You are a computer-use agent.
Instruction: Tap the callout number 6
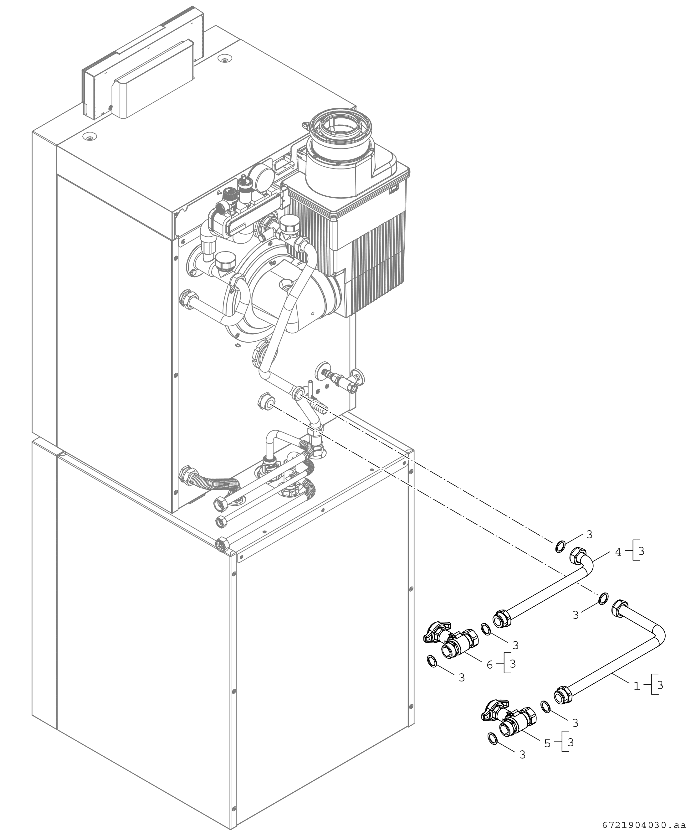489,665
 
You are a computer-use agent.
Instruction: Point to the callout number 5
547,743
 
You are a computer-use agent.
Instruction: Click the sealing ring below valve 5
492,738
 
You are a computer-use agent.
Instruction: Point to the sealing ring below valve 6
432,661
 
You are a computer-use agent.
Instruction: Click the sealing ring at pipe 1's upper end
603,598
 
